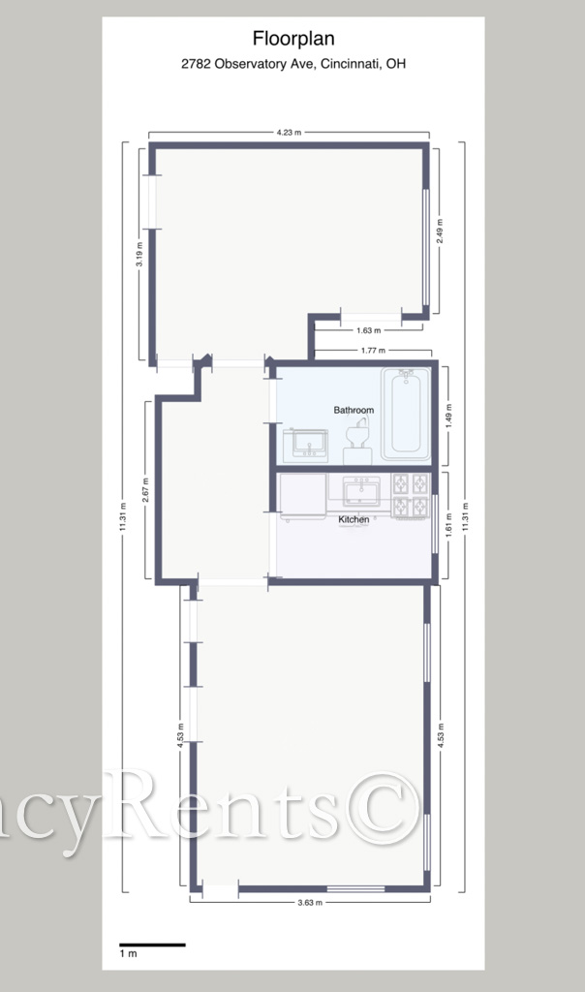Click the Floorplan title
[293, 39]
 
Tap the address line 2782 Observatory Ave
[293, 64]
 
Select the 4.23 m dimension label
[289, 132]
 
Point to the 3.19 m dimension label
[139, 254]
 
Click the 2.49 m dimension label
[440, 231]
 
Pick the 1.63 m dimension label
[369, 330]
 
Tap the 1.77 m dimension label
[373, 350]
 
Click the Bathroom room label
[354, 410]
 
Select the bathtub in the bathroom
[406, 413]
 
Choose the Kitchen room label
[354, 519]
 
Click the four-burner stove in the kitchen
[411, 496]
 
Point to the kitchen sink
[361, 491]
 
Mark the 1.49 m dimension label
[449, 416]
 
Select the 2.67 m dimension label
[145, 491]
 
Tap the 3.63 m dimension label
[310, 902]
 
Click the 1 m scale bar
[152, 945]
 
